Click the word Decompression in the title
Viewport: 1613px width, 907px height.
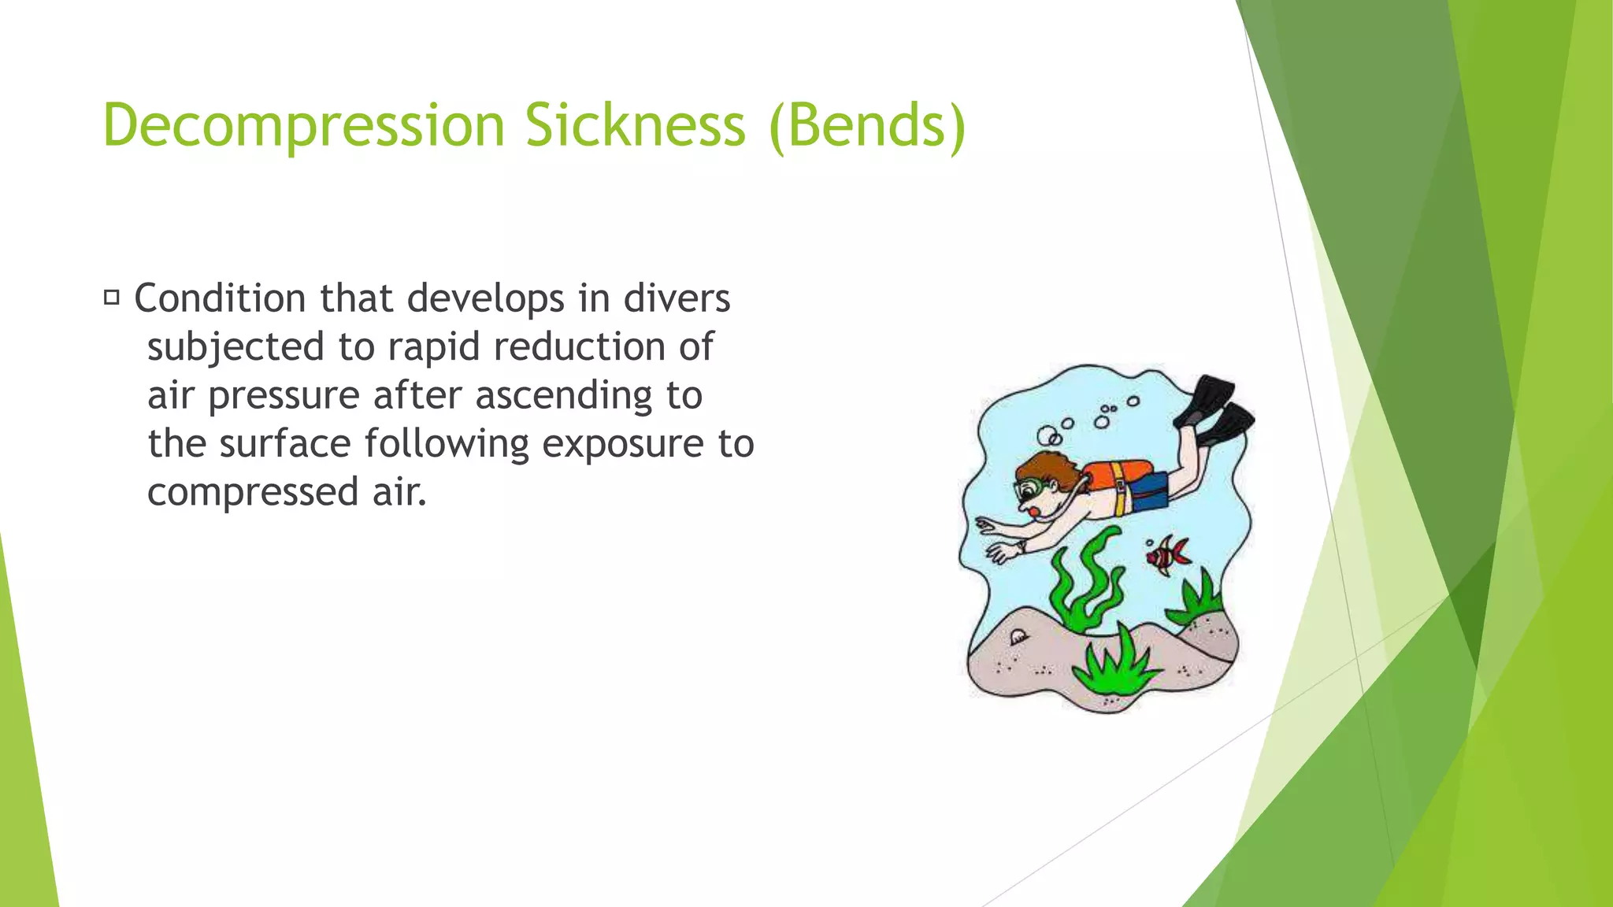pyautogui.click(x=303, y=126)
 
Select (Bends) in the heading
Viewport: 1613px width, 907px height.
pyautogui.click(x=866, y=126)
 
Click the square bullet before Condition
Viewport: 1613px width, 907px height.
pyautogui.click(x=111, y=298)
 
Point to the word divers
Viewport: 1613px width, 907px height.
pyautogui.click(x=677, y=298)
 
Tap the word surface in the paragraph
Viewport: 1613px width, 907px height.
pyautogui.click(x=285, y=444)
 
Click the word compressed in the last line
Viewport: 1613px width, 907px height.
pyautogui.click(x=253, y=492)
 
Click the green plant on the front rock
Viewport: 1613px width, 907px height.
pyautogui.click(x=1114, y=666)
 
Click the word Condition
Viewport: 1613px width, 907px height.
pyautogui.click(x=220, y=298)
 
